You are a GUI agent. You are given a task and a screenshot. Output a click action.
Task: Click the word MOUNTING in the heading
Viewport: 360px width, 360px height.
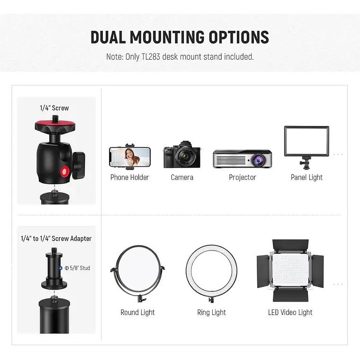click(x=167, y=37)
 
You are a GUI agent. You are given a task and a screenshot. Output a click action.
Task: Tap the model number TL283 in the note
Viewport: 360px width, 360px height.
click(x=151, y=57)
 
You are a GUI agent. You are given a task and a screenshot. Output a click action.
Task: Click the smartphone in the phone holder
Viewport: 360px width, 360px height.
click(x=130, y=157)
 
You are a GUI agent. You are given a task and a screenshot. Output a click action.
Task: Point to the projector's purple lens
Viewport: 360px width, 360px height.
click(x=259, y=160)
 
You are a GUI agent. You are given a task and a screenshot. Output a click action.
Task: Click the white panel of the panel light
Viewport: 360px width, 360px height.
click(x=306, y=141)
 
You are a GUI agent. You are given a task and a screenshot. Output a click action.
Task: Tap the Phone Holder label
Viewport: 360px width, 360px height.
click(x=130, y=177)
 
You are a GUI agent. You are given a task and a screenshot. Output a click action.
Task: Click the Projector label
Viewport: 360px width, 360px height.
click(x=243, y=177)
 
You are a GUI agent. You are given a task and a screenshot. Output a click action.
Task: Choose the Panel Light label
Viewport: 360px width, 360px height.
click(x=306, y=177)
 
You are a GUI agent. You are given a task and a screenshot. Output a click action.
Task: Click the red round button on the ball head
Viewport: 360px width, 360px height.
click(x=65, y=171)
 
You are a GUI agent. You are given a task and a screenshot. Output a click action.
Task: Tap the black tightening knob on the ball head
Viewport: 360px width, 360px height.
click(x=79, y=165)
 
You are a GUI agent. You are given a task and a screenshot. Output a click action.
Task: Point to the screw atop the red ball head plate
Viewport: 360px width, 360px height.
click(x=55, y=118)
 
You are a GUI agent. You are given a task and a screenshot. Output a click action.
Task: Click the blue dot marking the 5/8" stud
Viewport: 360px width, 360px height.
click(x=60, y=268)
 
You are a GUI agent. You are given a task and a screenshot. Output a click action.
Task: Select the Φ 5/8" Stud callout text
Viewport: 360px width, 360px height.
click(x=77, y=268)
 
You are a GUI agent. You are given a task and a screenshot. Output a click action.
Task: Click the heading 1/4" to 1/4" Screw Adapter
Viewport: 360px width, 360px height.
click(x=56, y=239)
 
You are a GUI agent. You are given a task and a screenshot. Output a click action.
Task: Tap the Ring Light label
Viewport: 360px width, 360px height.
click(x=211, y=313)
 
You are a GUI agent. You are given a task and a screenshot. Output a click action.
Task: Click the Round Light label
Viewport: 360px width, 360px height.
click(x=137, y=313)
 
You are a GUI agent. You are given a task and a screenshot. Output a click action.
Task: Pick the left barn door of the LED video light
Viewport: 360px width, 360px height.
click(x=263, y=271)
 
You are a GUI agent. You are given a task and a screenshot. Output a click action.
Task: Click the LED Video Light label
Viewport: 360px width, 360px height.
click(x=290, y=313)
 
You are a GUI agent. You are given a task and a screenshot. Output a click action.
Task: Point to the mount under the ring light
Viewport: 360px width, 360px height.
click(x=211, y=299)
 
